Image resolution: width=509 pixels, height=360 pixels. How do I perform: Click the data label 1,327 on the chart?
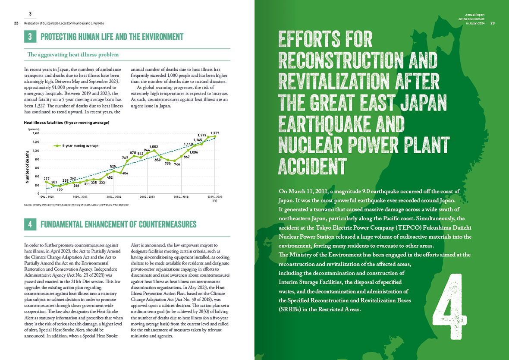click(x=215, y=133)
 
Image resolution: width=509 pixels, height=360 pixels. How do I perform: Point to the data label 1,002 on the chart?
click(x=154, y=147)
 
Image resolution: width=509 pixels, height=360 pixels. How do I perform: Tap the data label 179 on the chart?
click(x=60, y=190)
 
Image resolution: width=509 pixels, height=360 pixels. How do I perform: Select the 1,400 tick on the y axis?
click(x=36, y=133)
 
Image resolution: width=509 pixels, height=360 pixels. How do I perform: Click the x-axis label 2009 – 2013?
click(x=147, y=197)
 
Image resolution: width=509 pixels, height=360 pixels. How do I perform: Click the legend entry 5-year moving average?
click(x=77, y=146)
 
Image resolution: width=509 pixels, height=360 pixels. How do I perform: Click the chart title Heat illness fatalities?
click(x=66, y=123)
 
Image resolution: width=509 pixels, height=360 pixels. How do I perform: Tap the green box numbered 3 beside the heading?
click(x=30, y=37)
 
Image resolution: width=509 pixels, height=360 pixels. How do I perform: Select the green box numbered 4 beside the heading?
click(x=30, y=224)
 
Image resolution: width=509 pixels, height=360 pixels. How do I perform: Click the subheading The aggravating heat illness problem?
click(x=72, y=55)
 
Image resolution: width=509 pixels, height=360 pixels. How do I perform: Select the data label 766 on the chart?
click(x=177, y=164)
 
